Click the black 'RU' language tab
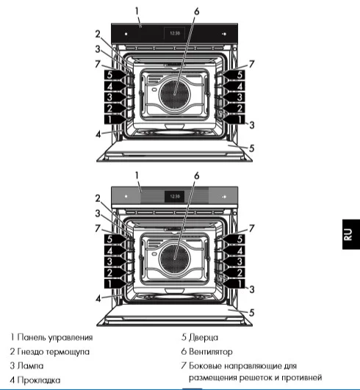[x=348, y=234]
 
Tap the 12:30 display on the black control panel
[x=175, y=33]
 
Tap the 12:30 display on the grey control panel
[x=175, y=196]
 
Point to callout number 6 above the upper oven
[x=197, y=12]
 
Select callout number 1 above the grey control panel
[x=137, y=176]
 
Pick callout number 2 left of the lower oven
[x=97, y=198]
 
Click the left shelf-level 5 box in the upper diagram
[x=108, y=74]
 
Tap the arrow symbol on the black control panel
[x=223, y=34]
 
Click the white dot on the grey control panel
[x=126, y=197]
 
